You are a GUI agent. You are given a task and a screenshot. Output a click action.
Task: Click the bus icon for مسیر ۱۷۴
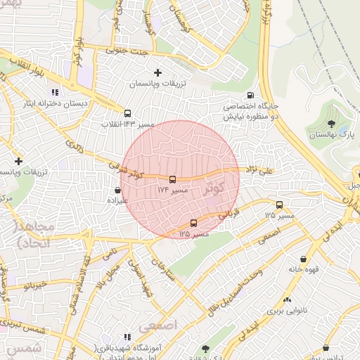coord(172,179)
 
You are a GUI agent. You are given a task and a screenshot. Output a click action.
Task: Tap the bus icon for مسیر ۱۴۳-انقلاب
coord(127,113)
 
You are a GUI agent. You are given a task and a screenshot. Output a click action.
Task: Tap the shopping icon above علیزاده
coord(117,190)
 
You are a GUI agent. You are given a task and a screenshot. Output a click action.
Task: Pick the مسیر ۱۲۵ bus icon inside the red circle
coord(194,224)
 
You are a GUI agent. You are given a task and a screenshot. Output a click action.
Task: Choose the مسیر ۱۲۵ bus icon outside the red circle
coord(279,205)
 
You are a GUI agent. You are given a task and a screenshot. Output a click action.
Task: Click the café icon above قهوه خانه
coord(303,258)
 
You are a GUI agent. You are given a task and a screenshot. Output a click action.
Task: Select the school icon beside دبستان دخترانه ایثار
coord(54,92)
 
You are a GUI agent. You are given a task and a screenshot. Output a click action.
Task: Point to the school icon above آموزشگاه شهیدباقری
coord(127,338)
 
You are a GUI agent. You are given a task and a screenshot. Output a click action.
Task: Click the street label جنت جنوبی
coord(123,50)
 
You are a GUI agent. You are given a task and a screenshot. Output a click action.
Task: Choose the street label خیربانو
coord(34,285)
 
